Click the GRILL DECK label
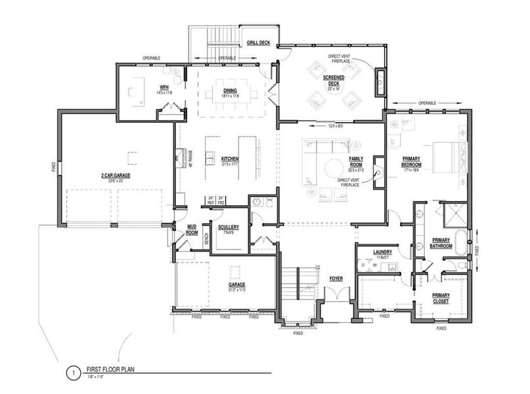pos(258,43)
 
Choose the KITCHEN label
pos(230,159)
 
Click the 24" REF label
pos(211,201)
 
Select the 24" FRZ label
pos(222,201)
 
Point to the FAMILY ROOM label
pos(357,162)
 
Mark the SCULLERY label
pos(229,227)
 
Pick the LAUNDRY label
pos(382,252)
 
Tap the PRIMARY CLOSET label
pos(441,298)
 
